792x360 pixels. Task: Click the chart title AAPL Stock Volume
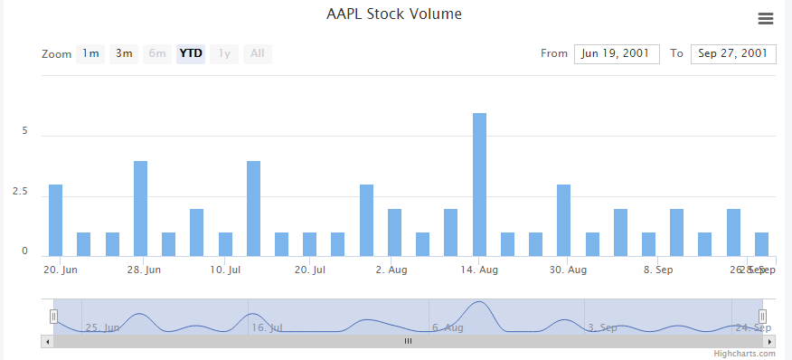tap(393, 14)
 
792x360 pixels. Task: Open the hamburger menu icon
tap(766, 19)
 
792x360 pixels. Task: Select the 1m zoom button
tap(90, 53)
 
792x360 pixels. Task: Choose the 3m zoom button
tap(124, 53)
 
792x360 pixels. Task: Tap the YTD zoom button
tap(191, 53)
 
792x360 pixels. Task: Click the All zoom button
tap(258, 53)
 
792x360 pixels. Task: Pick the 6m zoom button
tap(157, 53)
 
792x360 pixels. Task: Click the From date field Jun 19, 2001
tap(616, 54)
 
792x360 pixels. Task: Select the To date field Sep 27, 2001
tap(733, 54)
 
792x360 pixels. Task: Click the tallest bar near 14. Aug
tap(479, 185)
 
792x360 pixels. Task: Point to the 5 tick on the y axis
tap(25, 131)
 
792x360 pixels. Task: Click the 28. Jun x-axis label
tap(144, 270)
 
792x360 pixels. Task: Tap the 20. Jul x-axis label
tap(309, 270)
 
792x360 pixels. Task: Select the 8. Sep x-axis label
tap(657, 270)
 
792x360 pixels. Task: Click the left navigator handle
tap(53, 316)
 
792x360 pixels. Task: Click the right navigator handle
tap(762, 316)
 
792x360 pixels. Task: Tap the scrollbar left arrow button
tap(46, 341)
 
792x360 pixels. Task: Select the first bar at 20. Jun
tap(55, 220)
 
